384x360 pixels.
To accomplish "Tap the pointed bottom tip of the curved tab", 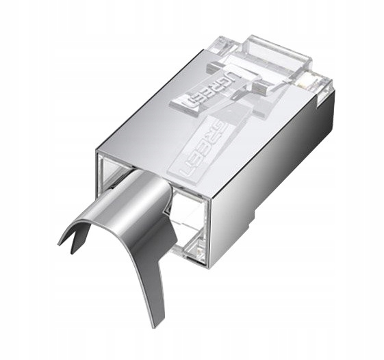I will [163, 325].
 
